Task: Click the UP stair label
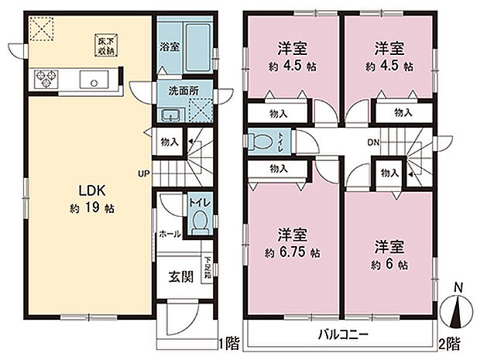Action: (x=144, y=173)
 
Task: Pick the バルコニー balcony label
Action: (x=342, y=334)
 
